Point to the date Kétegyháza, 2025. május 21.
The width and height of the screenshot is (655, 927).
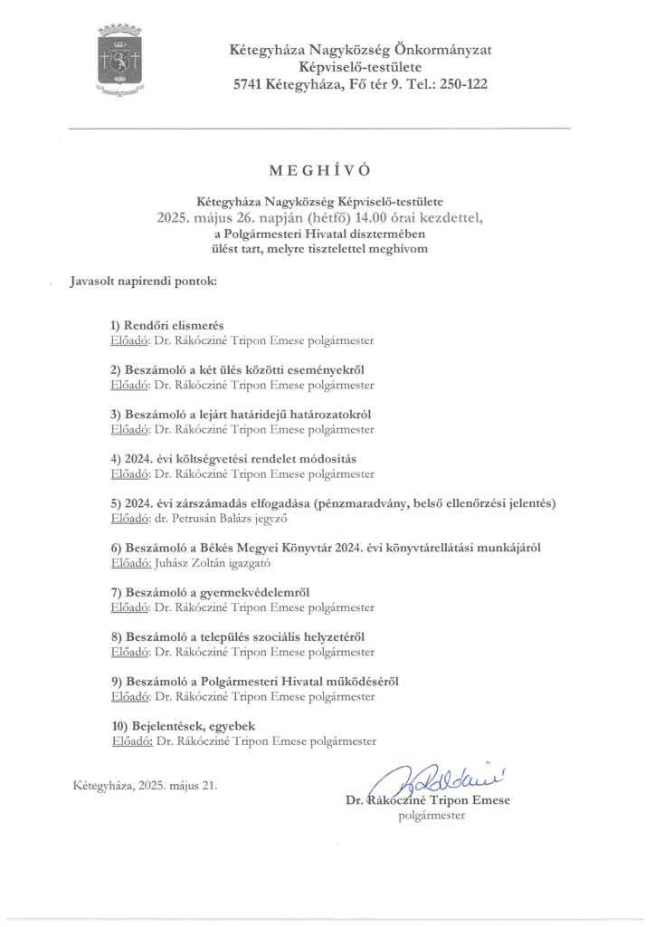pos(145,785)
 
